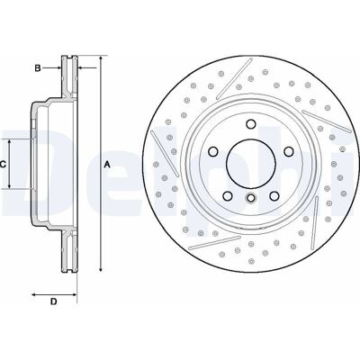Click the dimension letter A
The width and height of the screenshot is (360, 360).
[x=107, y=165]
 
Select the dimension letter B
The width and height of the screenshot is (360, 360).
[x=38, y=68]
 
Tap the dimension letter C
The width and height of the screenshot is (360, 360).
[x=3, y=165]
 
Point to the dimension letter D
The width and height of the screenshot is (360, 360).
[x=53, y=301]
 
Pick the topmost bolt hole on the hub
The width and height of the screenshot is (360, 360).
[x=251, y=124]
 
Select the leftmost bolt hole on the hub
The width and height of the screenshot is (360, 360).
[x=213, y=151]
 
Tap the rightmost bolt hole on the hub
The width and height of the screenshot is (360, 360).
[x=289, y=151]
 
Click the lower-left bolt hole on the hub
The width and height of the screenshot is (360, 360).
[x=228, y=196]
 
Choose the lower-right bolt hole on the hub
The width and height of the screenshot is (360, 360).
[x=274, y=196]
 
